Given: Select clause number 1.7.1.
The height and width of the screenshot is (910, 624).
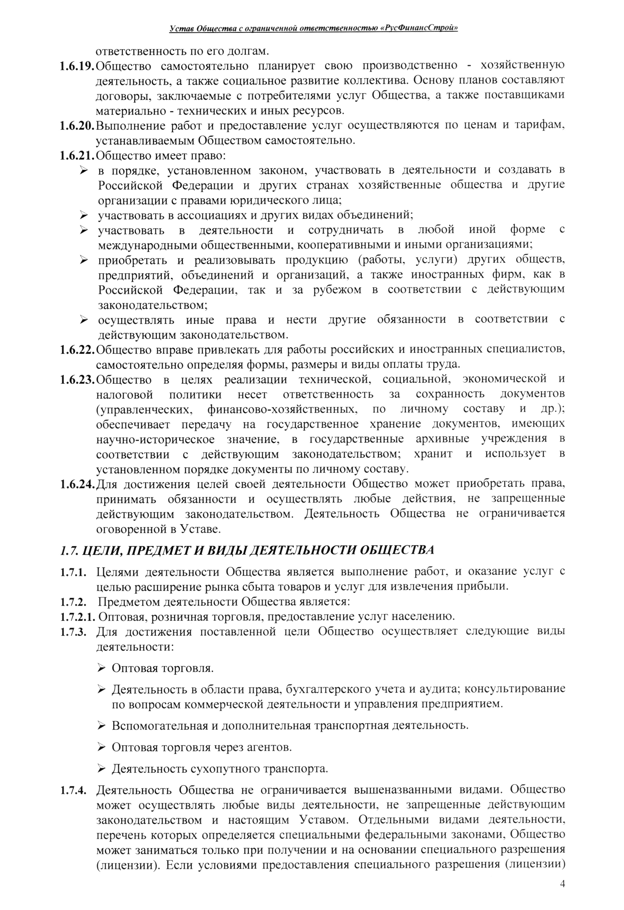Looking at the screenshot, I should (x=73, y=573).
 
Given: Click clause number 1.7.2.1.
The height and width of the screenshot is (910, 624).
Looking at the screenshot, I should (x=77, y=617).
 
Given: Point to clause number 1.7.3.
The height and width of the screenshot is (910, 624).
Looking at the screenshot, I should (x=73, y=632).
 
